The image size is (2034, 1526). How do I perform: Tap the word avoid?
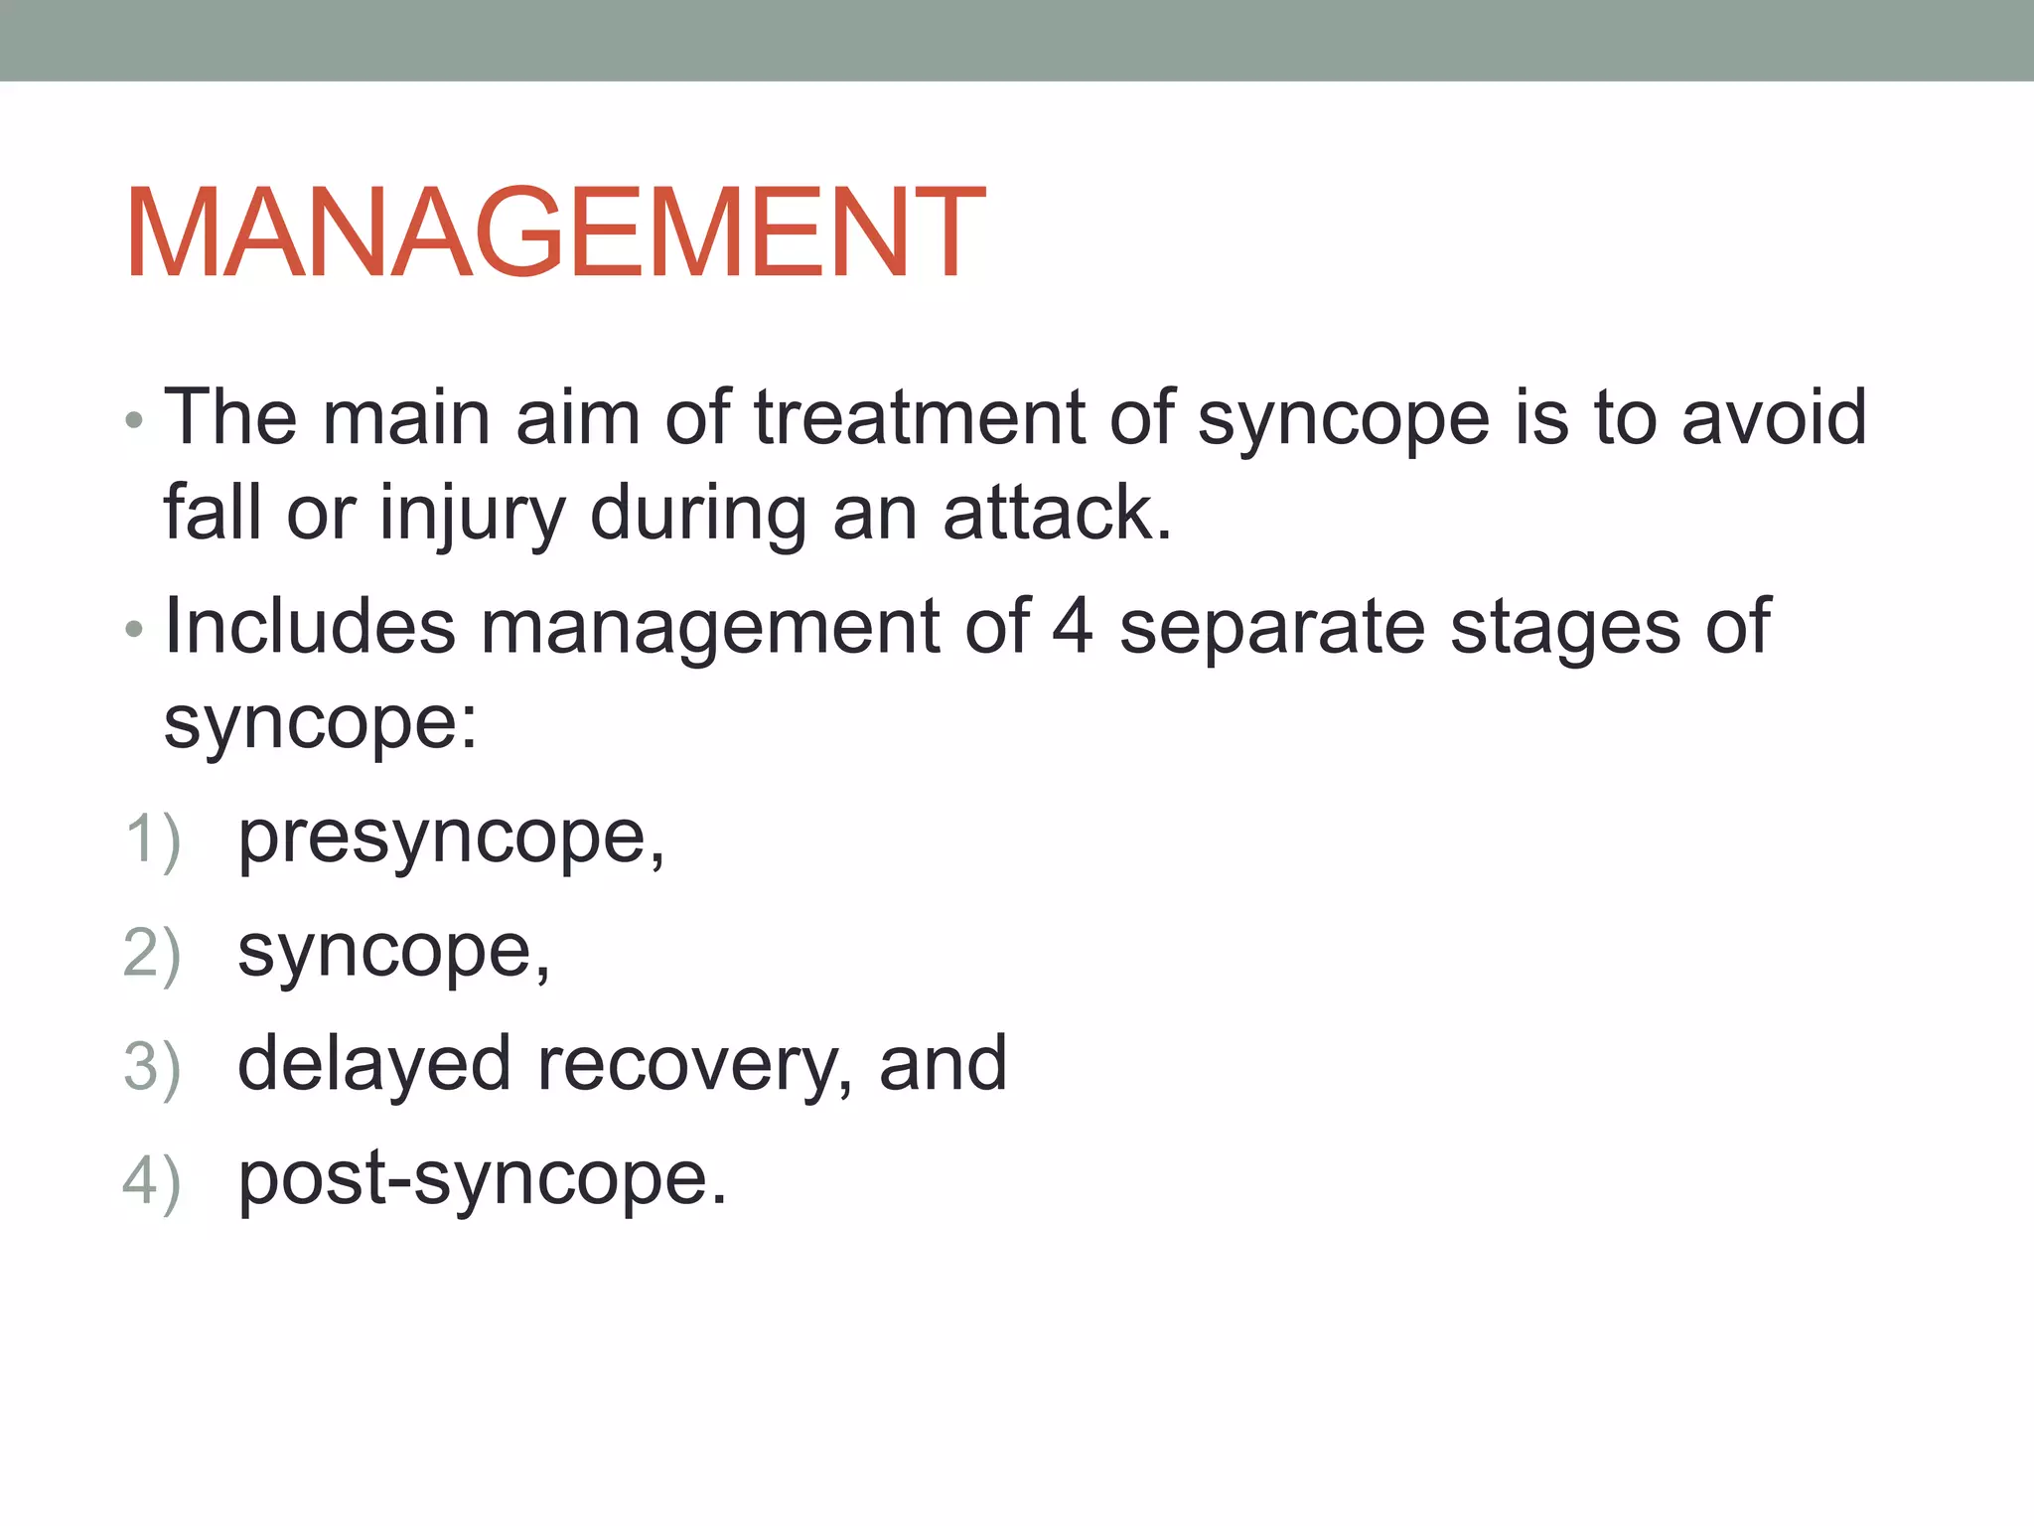coord(1774,417)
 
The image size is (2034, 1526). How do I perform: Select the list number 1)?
coord(152,840)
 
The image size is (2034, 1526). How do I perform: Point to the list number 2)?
coord(152,954)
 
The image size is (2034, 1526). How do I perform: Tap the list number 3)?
coord(152,1068)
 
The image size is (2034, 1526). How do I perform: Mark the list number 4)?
coord(152,1181)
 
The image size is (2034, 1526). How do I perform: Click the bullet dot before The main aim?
coord(135,422)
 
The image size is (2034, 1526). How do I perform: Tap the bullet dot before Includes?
coord(135,630)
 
